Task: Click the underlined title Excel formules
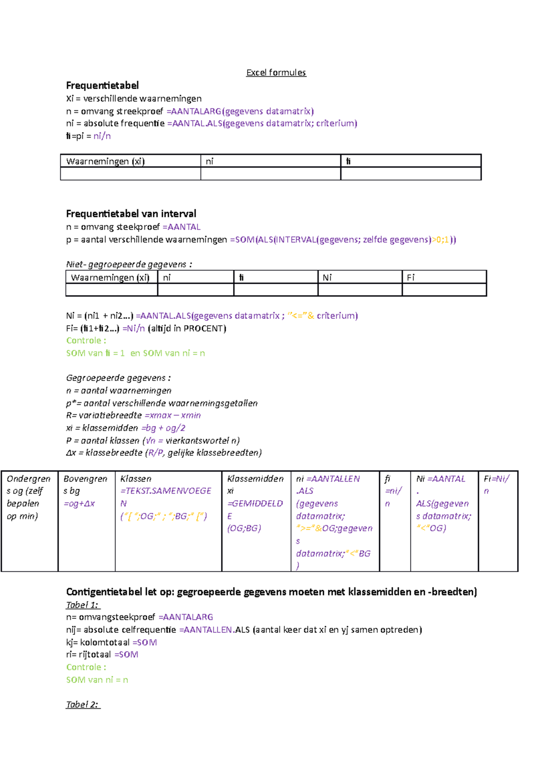click(x=276, y=73)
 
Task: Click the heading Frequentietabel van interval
click(x=131, y=214)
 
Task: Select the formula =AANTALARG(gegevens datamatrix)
click(x=240, y=111)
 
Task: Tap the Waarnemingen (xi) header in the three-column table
click(x=105, y=161)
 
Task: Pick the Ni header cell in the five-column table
click(x=327, y=278)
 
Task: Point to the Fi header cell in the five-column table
click(x=410, y=278)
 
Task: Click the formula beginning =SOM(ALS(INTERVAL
click(x=343, y=240)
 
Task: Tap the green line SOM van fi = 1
click(x=95, y=353)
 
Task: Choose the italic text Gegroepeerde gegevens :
click(x=118, y=378)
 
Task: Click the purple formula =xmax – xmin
click(x=172, y=415)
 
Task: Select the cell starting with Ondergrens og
click(x=29, y=497)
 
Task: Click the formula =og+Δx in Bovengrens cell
click(x=79, y=504)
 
